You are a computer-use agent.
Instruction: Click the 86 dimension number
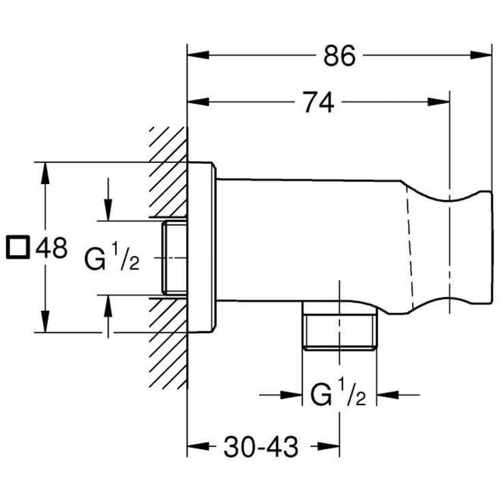339,55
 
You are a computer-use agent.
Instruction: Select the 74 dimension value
318,103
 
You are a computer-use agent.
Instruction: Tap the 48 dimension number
51,248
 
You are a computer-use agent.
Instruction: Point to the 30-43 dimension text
261,447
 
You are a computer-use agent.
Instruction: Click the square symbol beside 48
18,247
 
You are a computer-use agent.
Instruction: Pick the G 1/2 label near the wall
112,257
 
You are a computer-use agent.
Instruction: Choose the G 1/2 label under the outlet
338,393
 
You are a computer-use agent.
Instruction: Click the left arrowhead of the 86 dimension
198,55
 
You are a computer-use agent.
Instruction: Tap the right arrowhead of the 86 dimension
480,55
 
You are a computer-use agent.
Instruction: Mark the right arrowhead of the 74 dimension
439,102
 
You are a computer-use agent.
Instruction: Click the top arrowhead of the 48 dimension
45,173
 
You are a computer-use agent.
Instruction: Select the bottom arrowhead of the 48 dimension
45,322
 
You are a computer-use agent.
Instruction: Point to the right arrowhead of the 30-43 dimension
328,446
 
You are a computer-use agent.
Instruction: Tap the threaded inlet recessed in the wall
175,257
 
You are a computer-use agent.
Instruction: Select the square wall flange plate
202,247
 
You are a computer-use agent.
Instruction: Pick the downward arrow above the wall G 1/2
108,200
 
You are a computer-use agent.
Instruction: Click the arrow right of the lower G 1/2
398,395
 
